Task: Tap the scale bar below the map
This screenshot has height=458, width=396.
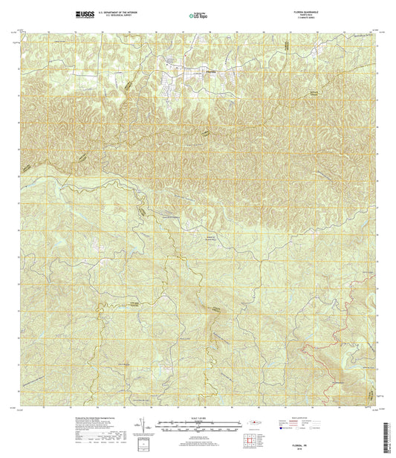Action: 197,427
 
